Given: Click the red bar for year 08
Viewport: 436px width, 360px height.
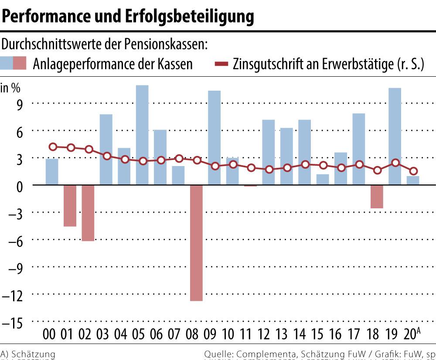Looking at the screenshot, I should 196,243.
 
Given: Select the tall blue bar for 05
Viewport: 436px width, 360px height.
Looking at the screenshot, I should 142,135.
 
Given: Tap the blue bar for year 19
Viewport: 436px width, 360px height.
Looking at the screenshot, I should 395,136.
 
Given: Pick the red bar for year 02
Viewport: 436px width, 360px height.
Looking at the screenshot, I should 88,213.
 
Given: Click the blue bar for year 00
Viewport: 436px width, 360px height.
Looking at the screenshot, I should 52,172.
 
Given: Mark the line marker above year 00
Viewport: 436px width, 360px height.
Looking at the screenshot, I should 53,147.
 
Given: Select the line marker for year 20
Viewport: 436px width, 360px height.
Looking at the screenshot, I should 413,171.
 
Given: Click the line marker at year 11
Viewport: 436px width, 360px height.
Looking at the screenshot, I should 251,168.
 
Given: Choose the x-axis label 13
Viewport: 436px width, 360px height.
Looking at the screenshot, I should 282,335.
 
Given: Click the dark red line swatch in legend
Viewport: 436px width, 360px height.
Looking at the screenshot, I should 222,65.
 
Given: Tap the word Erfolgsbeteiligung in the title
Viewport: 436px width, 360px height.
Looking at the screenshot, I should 190,16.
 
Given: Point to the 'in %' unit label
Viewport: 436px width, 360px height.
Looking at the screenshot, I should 10,88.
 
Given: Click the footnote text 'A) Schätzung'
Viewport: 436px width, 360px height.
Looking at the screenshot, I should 28,354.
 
